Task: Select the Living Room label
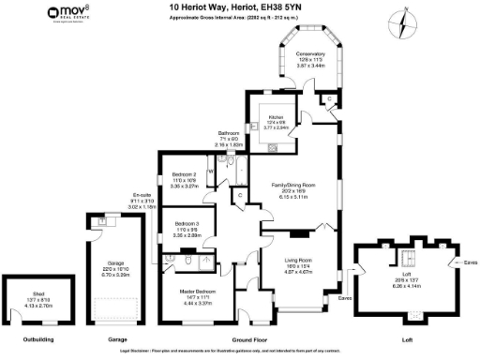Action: tap(298, 261)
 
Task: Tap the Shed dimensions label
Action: tap(37, 304)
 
